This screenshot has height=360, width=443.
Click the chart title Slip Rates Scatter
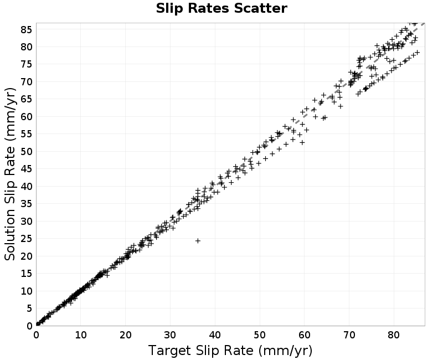221,8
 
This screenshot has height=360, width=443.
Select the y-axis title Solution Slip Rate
10,174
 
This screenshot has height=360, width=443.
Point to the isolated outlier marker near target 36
198,241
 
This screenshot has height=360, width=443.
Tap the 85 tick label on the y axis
26,29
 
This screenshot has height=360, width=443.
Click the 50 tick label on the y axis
26,151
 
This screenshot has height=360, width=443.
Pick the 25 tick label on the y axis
26,239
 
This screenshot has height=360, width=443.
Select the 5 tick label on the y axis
29,308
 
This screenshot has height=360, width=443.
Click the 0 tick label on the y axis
29,326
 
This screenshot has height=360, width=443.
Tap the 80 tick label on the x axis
394,335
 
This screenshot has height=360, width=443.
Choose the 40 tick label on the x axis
215,335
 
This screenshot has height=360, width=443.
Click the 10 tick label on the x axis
80,335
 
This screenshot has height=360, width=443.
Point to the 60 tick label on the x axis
304,335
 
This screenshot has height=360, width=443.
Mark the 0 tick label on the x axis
36,335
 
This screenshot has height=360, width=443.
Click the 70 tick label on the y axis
26,81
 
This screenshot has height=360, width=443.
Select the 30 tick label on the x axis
170,335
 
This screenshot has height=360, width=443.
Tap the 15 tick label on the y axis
26,274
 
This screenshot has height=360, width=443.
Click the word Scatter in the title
260,8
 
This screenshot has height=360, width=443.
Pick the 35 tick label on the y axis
26,204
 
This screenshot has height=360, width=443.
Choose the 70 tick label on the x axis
349,335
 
